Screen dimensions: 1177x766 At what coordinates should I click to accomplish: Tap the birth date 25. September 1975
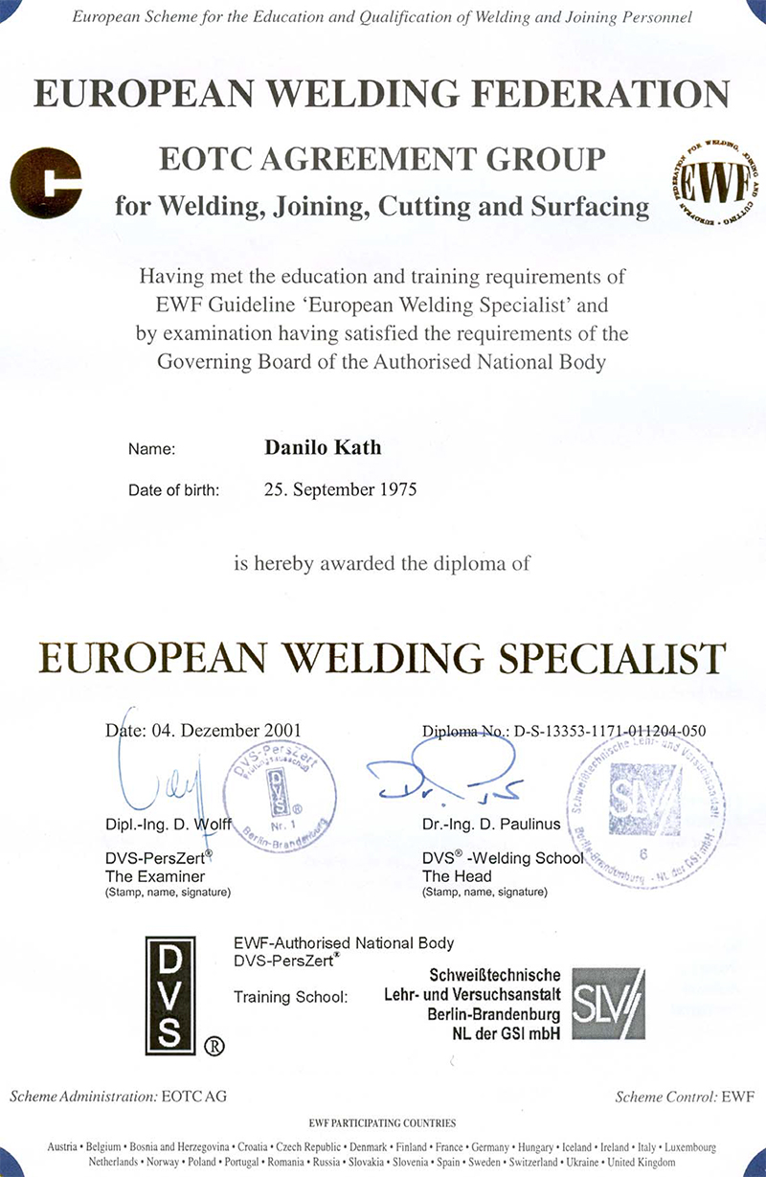(340, 489)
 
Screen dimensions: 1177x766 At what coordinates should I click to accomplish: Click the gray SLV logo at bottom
(608, 1004)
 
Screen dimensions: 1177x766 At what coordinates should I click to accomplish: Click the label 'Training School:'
(290, 997)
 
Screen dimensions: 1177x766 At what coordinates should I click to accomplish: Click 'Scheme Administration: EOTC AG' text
(118, 1096)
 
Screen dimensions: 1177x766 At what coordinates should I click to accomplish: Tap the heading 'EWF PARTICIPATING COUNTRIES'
(382, 1122)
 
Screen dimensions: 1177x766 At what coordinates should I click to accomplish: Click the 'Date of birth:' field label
(174, 490)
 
